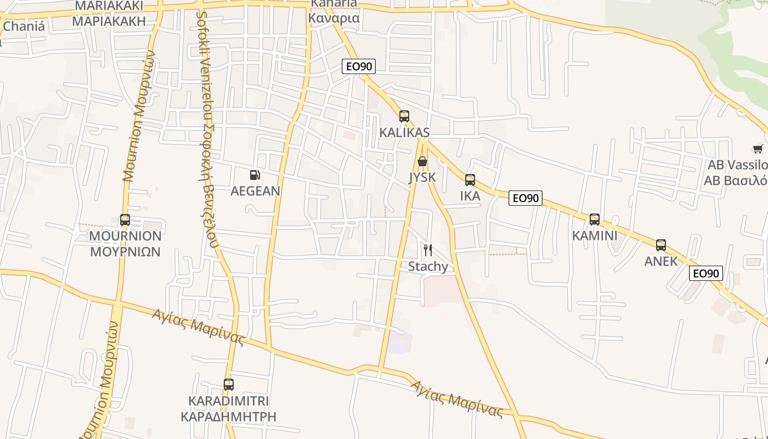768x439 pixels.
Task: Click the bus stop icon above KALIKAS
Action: point(404,116)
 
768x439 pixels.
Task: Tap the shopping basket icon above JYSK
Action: point(422,161)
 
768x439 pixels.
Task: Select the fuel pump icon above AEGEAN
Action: point(255,175)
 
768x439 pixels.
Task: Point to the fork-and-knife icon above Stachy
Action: point(428,250)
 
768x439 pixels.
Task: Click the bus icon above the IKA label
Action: point(470,180)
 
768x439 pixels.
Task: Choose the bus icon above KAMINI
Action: point(594,219)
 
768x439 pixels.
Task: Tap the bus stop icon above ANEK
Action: point(661,245)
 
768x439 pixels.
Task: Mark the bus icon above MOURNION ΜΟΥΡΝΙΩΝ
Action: point(125,220)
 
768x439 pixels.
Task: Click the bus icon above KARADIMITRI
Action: point(228,385)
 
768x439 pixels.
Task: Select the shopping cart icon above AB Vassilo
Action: point(758,149)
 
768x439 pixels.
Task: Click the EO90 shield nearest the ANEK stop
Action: point(706,273)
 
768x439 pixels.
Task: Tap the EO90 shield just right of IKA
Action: point(526,198)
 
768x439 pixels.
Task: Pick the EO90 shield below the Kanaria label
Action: point(359,66)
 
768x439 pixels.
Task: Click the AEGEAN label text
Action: point(255,191)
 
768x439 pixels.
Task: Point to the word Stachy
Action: point(428,267)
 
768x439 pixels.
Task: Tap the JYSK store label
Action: point(422,177)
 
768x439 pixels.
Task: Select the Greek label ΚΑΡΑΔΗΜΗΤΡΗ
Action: point(228,417)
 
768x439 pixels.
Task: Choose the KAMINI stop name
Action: point(594,236)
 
